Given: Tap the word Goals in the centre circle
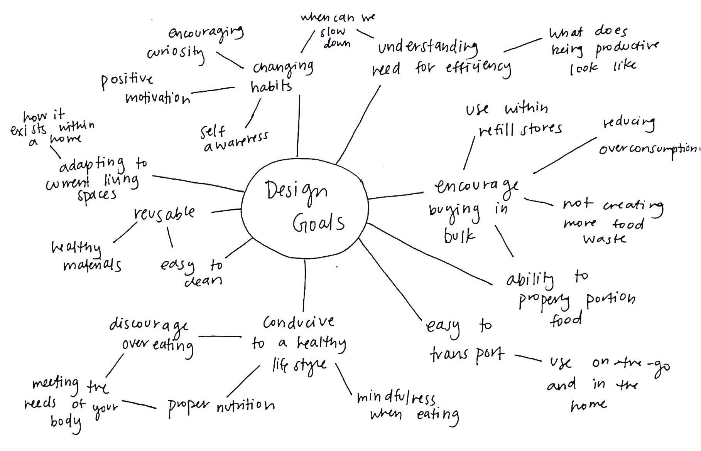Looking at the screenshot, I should tap(318, 223).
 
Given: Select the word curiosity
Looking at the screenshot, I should tap(176, 52).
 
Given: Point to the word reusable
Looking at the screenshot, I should tap(164, 213).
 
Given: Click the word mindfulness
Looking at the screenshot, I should tap(396, 397).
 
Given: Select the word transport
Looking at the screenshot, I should tap(467, 354).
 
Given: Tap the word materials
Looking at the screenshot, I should tap(92, 265).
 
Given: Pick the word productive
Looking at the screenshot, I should tap(627, 48).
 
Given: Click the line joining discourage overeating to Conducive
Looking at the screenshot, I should tap(220, 337).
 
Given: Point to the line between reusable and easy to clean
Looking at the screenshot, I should tap(170, 237).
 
